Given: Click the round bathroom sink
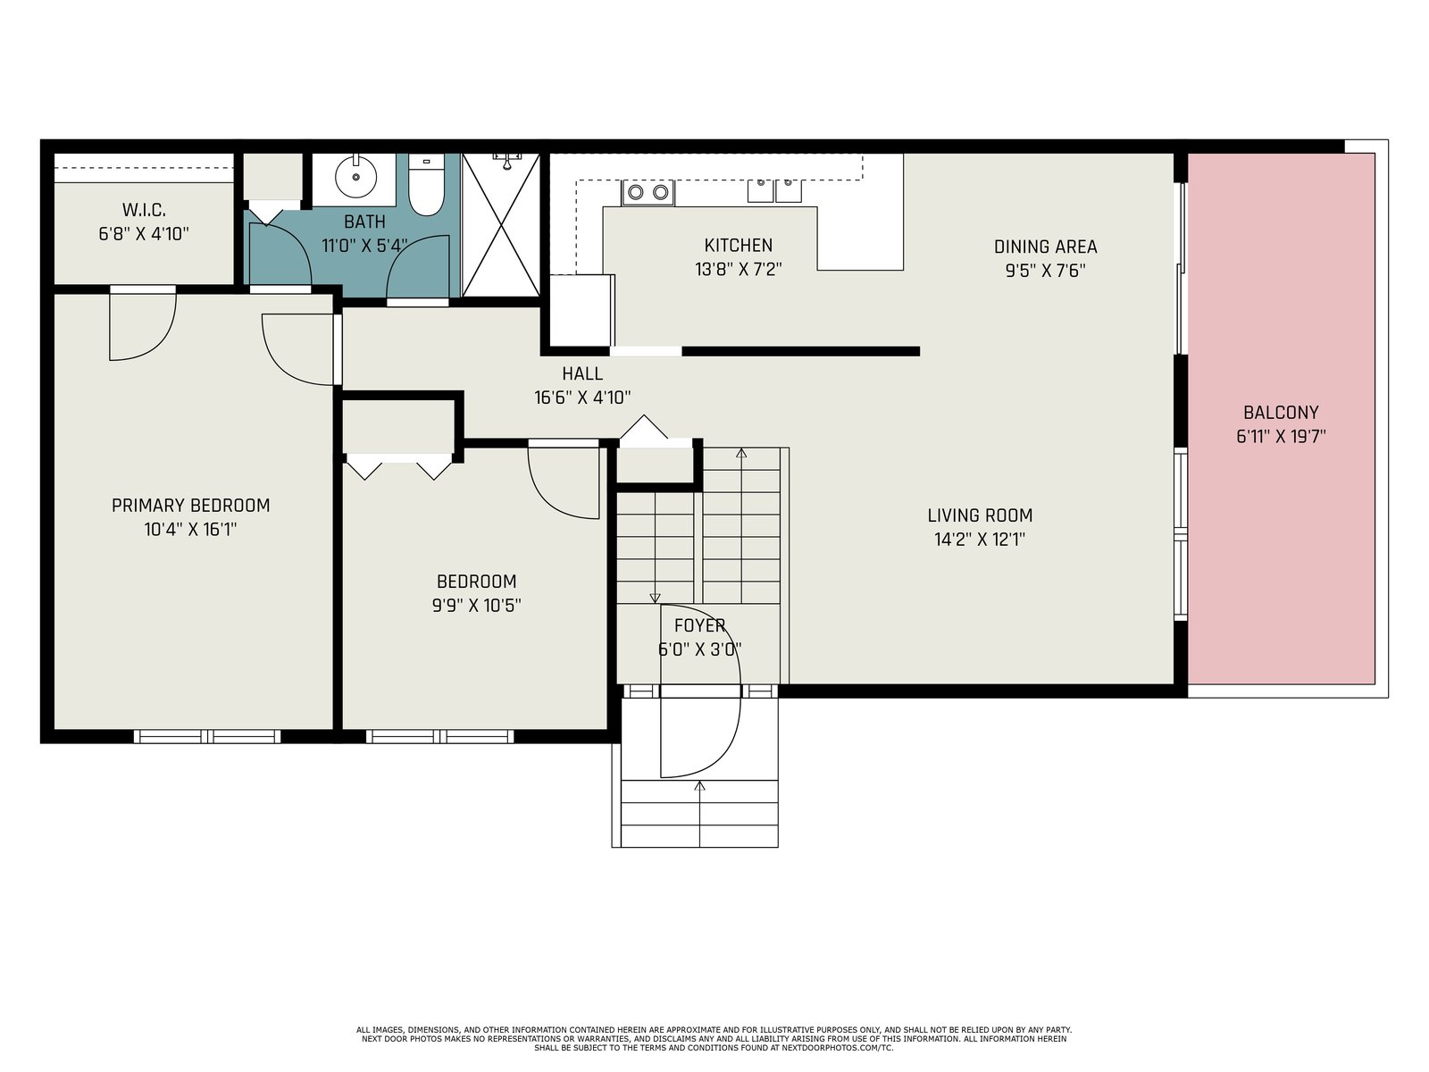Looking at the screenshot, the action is click(355, 176).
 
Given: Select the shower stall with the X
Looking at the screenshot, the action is click(501, 225).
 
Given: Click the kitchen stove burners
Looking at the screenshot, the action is click(648, 192).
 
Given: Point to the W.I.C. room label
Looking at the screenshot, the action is click(144, 210).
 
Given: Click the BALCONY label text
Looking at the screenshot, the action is click(1281, 413).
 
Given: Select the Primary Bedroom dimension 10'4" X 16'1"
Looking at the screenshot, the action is click(190, 529).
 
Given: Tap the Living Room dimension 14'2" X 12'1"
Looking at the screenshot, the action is click(980, 540).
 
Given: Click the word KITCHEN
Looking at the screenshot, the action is click(739, 246).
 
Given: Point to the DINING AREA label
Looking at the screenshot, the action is click(1045, 247).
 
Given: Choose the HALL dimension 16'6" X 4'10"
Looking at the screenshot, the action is click(582, 397).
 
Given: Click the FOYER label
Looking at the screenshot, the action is click(700, 625).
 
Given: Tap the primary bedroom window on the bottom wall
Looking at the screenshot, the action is click(207, 736).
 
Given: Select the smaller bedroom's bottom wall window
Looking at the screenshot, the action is click(439, 736).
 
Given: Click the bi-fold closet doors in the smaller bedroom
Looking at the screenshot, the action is click(398, 466).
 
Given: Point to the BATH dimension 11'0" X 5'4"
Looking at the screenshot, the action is click(364, 246).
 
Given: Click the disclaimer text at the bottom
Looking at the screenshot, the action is click(714, 1039).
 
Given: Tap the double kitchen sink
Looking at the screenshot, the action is click(774, 191).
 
